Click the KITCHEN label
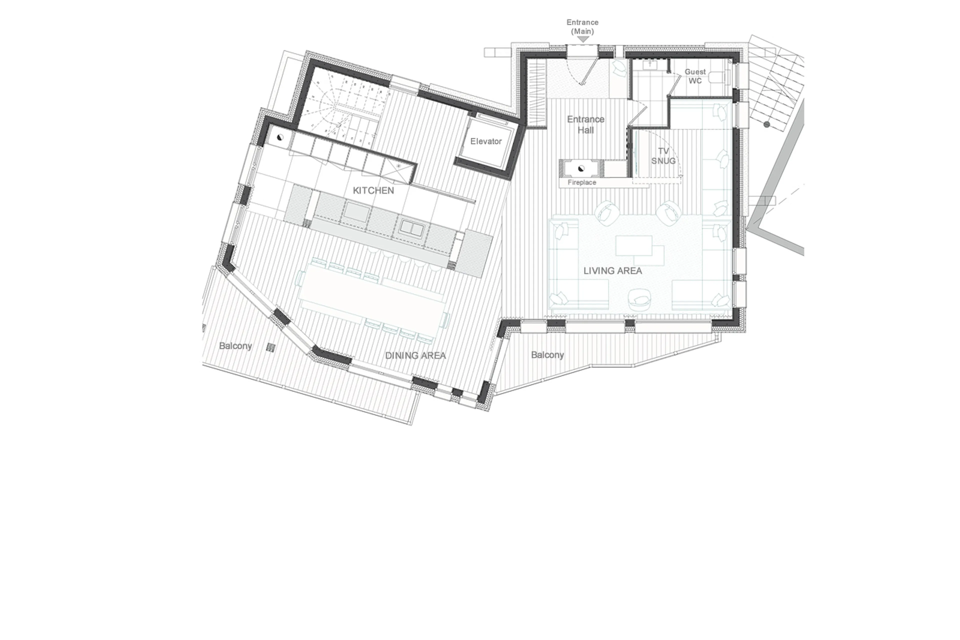click(x=373, y=190)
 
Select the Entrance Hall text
click(x=585, y=125)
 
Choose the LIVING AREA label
click(x=612, y=271)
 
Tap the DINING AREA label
click(x=415, y=355)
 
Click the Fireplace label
click(x=582, y=183)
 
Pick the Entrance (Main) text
click(x=582, y=27)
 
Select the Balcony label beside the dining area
click(x=235, y=346)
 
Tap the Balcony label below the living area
click(x=547, y=355)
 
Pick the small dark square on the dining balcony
click(x=270, y=347)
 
